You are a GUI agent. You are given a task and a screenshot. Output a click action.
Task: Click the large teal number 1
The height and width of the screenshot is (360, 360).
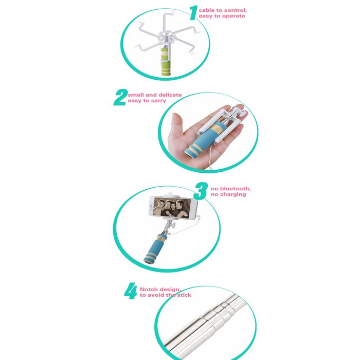pyautogui.click(x=193, y=13)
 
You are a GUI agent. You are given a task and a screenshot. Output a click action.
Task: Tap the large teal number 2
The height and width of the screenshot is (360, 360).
pyautogui.click(x=120, y=97)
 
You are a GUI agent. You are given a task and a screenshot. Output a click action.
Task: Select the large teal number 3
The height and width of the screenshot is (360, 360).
pyautogui.click(x=201, y=191)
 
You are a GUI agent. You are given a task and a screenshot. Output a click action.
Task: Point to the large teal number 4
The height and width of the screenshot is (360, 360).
pyautogui.click(x=131, y=291)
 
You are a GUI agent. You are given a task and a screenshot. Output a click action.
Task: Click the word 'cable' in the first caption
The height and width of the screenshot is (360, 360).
pyautogui.click(x=206, y=10)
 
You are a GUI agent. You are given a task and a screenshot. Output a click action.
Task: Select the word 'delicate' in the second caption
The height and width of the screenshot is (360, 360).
pyautogui.click(x=170, y=95)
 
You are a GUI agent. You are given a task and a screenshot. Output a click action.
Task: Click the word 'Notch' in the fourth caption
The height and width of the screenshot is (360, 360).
pyautogui.click(x=148, y=289)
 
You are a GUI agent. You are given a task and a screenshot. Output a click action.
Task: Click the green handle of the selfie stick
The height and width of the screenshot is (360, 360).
pyautogui.click(x=166, y=62)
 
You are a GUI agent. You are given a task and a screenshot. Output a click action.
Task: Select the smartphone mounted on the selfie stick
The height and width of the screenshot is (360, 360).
pyautogui.click(x=173, y=207)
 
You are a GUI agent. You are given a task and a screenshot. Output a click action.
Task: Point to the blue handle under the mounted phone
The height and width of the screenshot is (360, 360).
pyautogui.click(x=154, y=249)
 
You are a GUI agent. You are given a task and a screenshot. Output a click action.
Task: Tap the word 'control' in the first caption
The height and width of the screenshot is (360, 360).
pyautogui.click(x=234, y=10)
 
